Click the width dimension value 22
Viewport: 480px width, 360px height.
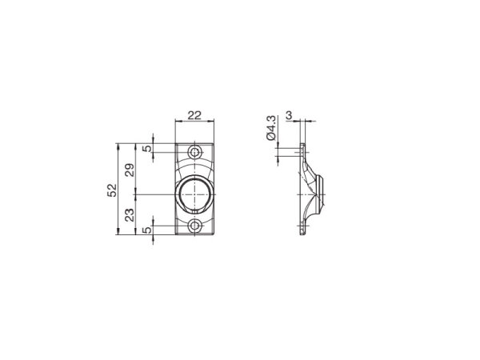click(194, 115)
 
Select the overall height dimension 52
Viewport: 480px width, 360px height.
click(112, 190)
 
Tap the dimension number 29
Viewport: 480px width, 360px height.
click(130, 170)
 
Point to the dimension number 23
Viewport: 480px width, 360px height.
click(130, 215)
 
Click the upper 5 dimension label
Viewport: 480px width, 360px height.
click(147, 149)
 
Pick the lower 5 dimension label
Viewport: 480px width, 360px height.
click(147, 230)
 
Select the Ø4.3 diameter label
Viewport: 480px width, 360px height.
click(271, 128)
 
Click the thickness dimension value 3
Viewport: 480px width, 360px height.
click(289, 115)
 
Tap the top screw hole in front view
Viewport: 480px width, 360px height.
click(194, 152)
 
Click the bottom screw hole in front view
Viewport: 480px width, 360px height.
click(194, 226)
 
